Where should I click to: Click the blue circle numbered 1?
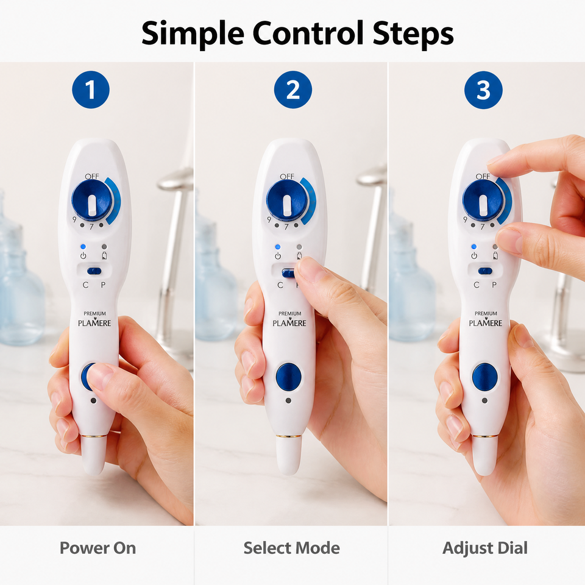[x=91, y=90]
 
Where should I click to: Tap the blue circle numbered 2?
[x=293, y=90]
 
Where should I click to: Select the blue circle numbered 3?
[x=483, y=90]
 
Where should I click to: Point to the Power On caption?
[x=97, y=548]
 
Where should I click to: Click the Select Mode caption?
[x=292, y=548]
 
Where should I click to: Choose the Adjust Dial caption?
[x=485, y=548]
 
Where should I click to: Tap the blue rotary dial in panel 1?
[x=92, y=200]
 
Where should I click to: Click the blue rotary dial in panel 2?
[x=287, y=200]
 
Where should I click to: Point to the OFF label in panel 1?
[x=92, y=176]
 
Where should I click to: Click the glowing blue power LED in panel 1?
[x=83, y=247]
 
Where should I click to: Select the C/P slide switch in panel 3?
[x=485, y=271]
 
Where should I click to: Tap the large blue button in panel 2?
[x=289, y=377]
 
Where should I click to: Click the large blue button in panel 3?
[x=485, y=377]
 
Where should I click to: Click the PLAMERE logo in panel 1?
[x=94, y=319]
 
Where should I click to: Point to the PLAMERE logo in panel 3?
[x=486, y=319]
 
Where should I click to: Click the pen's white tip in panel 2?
[x=288, y=455]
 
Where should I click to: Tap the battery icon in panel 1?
[x=104, y=255]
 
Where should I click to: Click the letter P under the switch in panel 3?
[x=494, y=285]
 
